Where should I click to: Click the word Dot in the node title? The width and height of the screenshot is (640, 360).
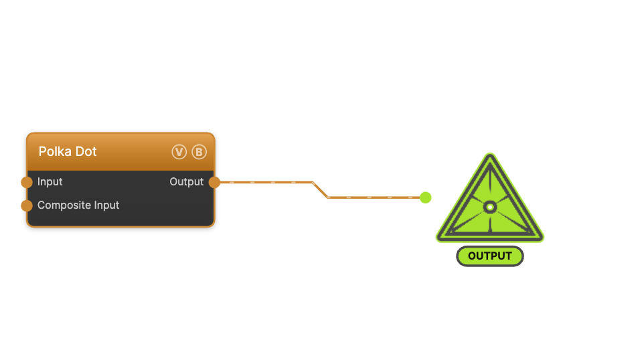(x=86, y=151)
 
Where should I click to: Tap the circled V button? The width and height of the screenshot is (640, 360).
(x=179, y=152)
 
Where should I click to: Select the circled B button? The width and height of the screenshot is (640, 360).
(x=199, y=152)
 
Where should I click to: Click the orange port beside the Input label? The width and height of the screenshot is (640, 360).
(x=27, y=182)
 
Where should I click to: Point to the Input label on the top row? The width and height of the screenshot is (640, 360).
(x=50, y=181)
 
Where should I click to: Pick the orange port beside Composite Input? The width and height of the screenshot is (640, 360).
(x=27, y=205)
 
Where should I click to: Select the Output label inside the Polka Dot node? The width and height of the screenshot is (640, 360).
(x=187, y=181)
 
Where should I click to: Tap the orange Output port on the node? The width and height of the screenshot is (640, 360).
(x=214, y=182)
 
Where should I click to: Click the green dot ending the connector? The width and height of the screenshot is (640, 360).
(x=425, y=197)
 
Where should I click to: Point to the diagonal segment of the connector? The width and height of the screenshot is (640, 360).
(x=320, y=190)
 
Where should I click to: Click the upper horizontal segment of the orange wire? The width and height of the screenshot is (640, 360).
(x=266, y=182)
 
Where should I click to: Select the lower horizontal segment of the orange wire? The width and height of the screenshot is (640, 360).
(x=374, y=197)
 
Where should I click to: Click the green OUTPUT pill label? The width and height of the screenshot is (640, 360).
(x=490, y=256)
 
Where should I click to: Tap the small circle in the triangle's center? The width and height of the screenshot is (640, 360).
(x=490, y=207)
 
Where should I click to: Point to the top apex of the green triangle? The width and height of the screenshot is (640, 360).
(x=490, y=155)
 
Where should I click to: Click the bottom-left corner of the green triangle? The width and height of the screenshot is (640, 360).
(x=438, y=239)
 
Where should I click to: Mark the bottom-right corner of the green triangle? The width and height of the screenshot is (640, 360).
(x=542, y=239)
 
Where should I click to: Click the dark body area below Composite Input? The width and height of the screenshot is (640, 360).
(x=121, y=219)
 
